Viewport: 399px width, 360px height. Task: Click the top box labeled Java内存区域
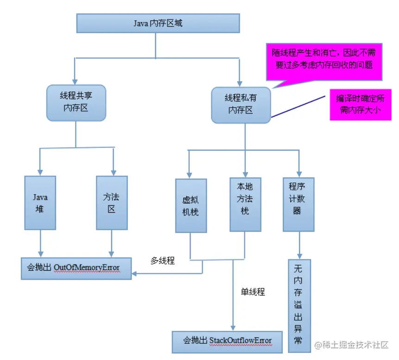pos(158,23)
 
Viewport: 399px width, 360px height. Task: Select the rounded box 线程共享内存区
pos(76,102)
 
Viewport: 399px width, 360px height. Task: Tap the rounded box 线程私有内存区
pos(241,104)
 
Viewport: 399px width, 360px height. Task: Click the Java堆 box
pos(40,203)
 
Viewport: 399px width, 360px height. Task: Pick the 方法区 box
pos(112,203)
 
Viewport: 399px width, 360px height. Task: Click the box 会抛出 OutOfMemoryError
pos(76,268)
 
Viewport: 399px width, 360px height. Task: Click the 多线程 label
pos(162,260)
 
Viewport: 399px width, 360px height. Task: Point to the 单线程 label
pos(252,292)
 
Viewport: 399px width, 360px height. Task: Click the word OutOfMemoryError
pos(87,268)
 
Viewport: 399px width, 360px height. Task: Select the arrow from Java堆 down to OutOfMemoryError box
pos(40,244)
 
